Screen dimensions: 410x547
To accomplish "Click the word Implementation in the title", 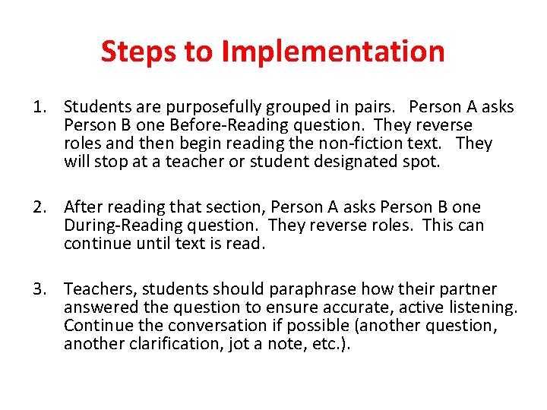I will point(333,52).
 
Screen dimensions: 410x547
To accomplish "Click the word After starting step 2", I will point(84,207).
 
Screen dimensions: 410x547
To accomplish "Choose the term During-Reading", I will point(123,225).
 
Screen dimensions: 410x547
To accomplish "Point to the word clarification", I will point(171,344).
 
